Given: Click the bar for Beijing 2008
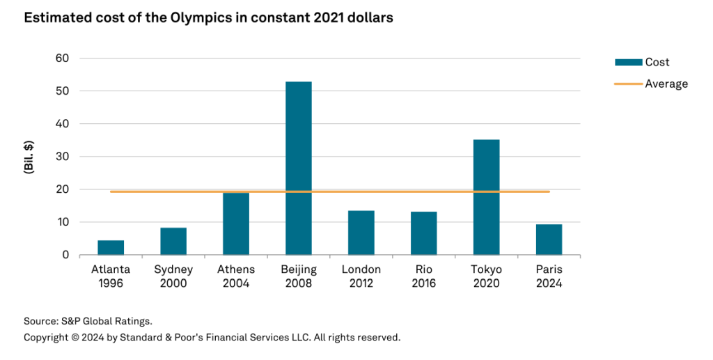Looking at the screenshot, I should [x=298, y=168].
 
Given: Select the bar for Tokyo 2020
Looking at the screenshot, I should [x=486, y=197].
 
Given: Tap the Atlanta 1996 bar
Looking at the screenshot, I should [x=111, y=248].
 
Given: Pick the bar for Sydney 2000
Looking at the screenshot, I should [x=173, y=241].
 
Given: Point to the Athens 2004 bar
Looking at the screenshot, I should [x=236, y=224].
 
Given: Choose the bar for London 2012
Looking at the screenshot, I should [x=361, y=233].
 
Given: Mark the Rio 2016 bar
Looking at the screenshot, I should [x=423, y=233].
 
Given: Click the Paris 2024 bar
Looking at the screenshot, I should [x=549, y=240].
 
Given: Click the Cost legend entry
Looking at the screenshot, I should [x=656, y=62].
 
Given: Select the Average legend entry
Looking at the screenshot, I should [x=666, y=84].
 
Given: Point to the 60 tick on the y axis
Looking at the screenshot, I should [x=62, y=58].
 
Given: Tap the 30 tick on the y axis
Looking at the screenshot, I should [x=62, y=157].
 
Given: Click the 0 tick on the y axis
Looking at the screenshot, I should [x=65, y=255].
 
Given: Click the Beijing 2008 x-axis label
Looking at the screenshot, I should [x=298, y=276].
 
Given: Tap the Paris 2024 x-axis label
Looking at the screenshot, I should [x=549, y=276].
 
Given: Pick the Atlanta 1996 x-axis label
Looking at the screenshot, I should [x=111, y=276].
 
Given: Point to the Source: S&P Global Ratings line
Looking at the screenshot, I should [x=88, y=321].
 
